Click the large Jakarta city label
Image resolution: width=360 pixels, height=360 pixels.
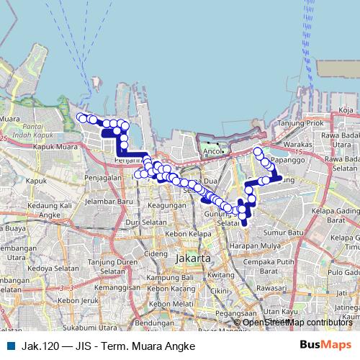pyautogui.click(x=192, y=258)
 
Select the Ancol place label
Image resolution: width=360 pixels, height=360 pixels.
pyautogui.click(x=212, y=152)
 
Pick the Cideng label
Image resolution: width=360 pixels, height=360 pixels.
pyautogui.click(x=156, y=253)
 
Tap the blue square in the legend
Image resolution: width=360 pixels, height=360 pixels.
pyautogui.click(x=10, y=346)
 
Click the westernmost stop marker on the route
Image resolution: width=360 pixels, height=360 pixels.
pyautogui.click(x=82, y=117)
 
